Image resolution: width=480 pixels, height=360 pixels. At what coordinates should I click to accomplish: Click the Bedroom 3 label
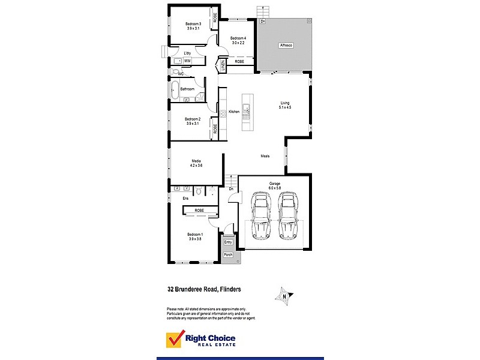(193, 23)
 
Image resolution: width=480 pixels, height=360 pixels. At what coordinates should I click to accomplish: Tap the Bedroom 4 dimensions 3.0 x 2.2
(238, 43)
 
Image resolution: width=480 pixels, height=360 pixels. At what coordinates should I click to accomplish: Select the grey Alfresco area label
(286, 45)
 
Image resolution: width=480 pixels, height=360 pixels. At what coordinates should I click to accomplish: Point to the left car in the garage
(261, 215)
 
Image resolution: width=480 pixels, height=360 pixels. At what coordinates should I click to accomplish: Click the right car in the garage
(288, 215)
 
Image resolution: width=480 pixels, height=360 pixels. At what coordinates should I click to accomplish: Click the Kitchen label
(234, 112)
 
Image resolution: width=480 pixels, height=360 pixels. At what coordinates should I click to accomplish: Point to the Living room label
(284, 104)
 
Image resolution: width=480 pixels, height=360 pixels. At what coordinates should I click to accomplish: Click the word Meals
(265, 156)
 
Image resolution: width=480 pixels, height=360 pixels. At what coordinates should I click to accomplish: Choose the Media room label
(196, 161)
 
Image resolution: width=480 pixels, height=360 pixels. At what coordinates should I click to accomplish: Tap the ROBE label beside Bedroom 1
(199, 210)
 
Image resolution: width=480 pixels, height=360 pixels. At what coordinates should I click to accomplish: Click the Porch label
(228, 255)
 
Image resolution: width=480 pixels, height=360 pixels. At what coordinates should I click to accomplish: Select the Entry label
(228, 242)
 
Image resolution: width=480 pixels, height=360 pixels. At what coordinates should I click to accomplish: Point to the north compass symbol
(283, 295)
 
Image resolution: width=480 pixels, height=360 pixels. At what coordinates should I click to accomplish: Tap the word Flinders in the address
(229, 289)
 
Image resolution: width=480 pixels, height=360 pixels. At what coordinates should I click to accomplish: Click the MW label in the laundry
(187, 61)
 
